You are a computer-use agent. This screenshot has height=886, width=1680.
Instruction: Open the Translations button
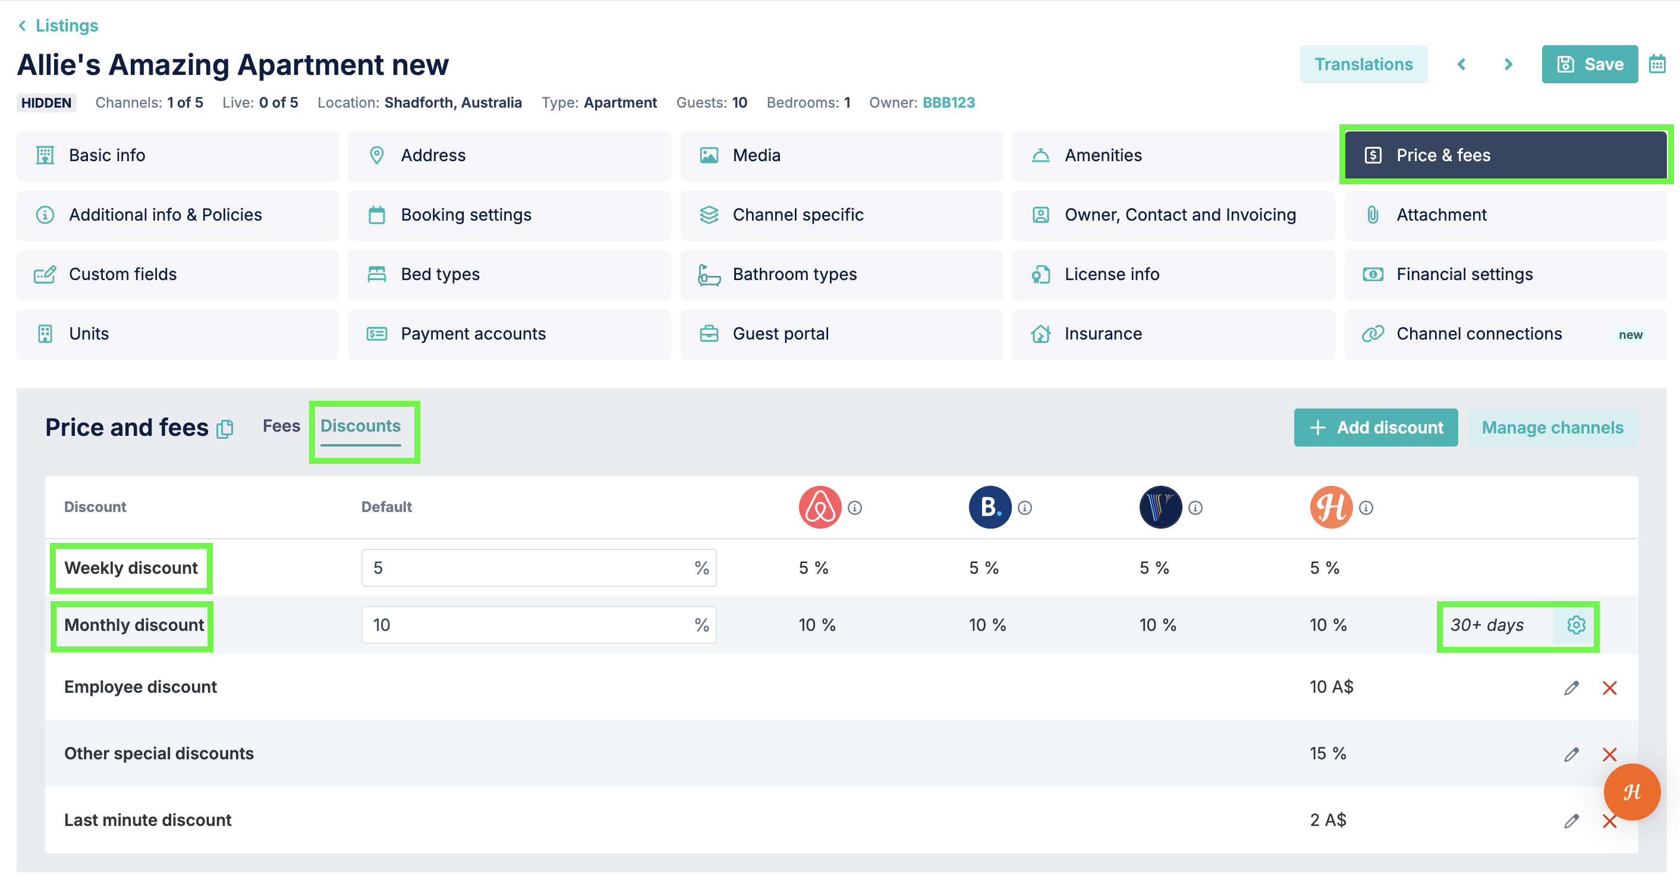point(1363,64)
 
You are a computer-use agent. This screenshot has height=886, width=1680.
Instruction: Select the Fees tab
point(281,426)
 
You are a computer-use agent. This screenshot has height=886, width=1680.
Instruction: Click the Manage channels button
point(1552,428)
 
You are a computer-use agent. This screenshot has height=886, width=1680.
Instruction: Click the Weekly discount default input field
point(539,568)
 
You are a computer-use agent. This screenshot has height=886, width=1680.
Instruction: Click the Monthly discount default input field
point(539,625)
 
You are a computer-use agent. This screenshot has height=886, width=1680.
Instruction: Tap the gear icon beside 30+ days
point(1575,625)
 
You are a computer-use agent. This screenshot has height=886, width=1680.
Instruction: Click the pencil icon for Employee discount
point(1571,687)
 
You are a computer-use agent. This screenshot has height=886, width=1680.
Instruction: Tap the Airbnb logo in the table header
point(820,507)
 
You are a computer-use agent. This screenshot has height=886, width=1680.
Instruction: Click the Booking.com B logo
point(989,507)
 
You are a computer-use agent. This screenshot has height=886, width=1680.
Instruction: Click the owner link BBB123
point(948,102)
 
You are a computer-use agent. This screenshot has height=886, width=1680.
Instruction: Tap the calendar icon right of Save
point(1657,64)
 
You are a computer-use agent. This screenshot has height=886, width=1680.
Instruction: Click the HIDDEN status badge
point(46,102)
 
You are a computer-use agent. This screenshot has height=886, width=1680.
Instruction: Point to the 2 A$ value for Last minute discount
point(1328,820)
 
